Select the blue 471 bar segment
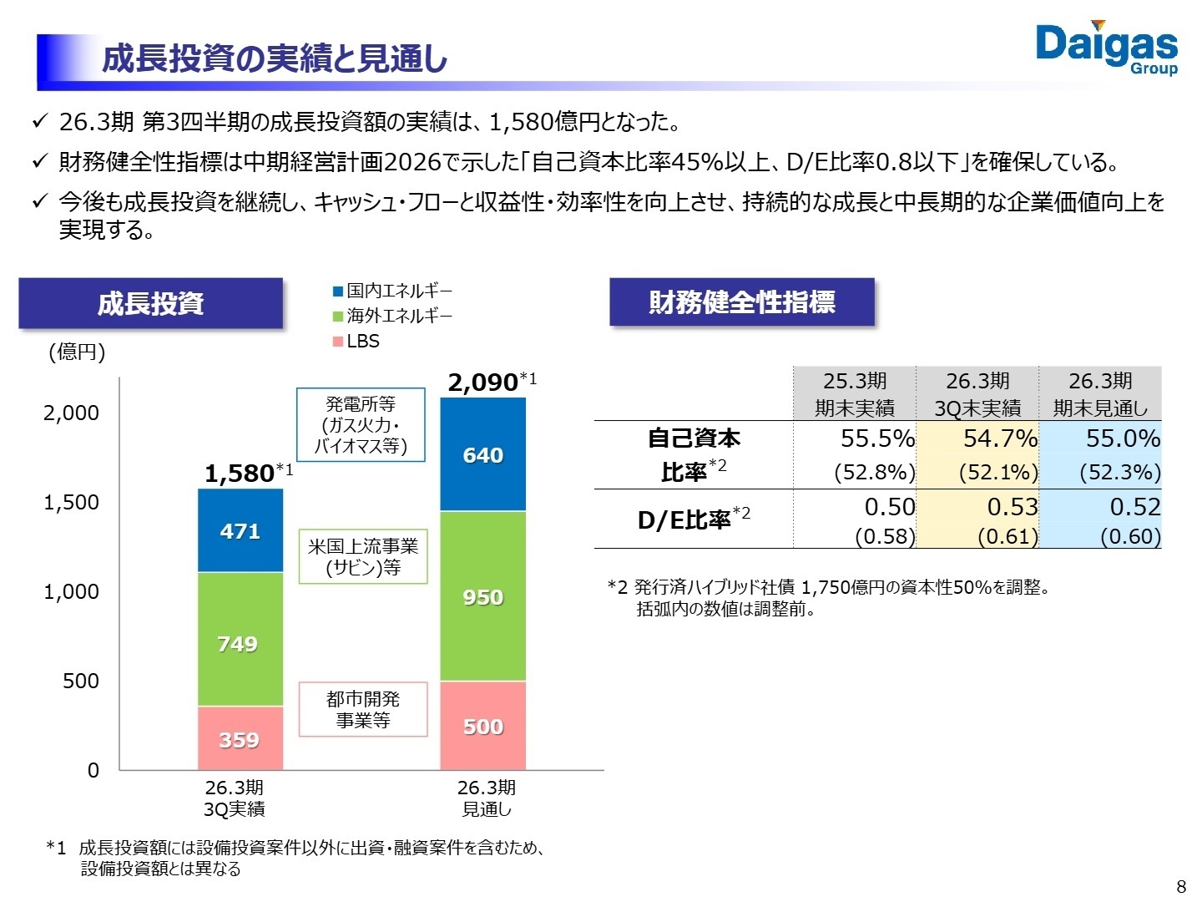pyautogui.click(x=240, y=531)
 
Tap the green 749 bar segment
pyautogui.click(x=240, y=642)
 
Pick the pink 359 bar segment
pyautogui.click(x=240, y=739)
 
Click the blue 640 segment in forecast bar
pyautogui.click(x=483, y=455)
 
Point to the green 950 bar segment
pyautogui.click(x=483, y=596)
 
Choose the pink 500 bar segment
pyautogui.click(x=483, y=726)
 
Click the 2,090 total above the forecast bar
pyautogui.click(x=484, y=383)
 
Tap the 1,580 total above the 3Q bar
pyautogui.click(x=240, y=474)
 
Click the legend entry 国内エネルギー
pyautogui.click(x=392, y=291)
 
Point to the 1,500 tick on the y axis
pyautogui.click(x=71, y=502)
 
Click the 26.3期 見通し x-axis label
pyautogui.click(x=487, y=798)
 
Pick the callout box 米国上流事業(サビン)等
pyautogui.click(x=363, y=557)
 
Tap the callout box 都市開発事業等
pyautogui.click(x=363, y=709)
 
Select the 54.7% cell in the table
pyautogui.click(x=999, y=438)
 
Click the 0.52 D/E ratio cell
pyautogui.click(x=1134, y=507)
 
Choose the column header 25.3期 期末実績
pyautogui.click(x=855, y=394)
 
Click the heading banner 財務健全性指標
pyautogui.click(x=742, y=302)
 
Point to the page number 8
pyautogui.click(x=1180, y=886)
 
